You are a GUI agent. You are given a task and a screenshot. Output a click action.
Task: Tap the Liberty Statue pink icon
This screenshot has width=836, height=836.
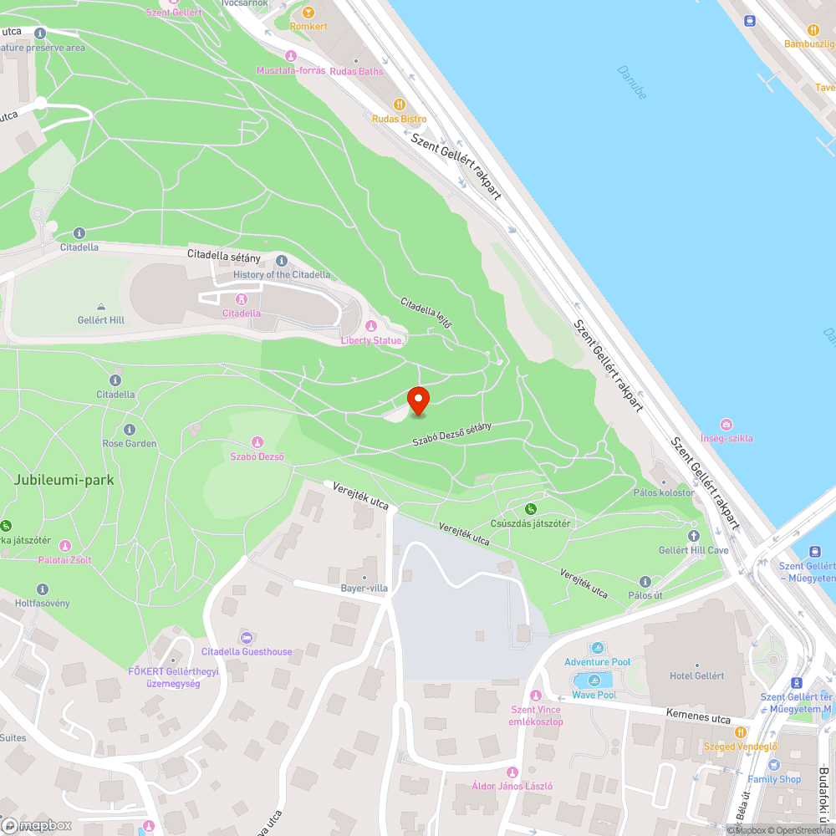372,326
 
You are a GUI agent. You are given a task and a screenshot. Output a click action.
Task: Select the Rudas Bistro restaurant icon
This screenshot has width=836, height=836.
400,104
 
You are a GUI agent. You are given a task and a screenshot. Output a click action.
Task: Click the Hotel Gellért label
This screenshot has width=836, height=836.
696,675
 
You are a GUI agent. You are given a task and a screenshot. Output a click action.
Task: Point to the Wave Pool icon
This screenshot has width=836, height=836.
594,681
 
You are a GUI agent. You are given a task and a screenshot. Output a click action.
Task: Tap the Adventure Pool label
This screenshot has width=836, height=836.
597,662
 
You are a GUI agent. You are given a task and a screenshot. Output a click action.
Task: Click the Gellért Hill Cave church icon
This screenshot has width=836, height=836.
693,536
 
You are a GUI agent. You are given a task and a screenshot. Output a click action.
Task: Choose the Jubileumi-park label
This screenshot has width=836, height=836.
64,481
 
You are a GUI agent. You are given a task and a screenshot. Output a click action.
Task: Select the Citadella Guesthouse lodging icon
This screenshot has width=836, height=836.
246,638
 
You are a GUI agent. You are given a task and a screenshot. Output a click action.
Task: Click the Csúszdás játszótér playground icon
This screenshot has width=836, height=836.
530,509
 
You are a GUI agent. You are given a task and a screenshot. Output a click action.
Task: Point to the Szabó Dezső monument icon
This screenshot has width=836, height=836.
257,442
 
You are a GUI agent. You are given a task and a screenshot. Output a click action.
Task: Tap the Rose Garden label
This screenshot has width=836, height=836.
129,443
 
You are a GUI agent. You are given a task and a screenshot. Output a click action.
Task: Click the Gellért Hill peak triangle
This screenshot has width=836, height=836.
101,307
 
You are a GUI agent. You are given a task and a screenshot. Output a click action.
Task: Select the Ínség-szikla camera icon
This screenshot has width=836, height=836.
726,425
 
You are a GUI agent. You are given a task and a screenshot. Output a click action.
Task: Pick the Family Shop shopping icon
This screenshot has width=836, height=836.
773,765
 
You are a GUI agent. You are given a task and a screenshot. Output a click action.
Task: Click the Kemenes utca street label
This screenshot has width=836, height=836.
698,718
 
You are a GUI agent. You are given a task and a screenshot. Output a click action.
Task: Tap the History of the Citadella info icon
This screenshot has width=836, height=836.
281,261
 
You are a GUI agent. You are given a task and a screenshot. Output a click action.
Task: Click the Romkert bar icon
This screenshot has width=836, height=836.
308,12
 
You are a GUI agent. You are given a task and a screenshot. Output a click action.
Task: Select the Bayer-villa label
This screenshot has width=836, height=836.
364,588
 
